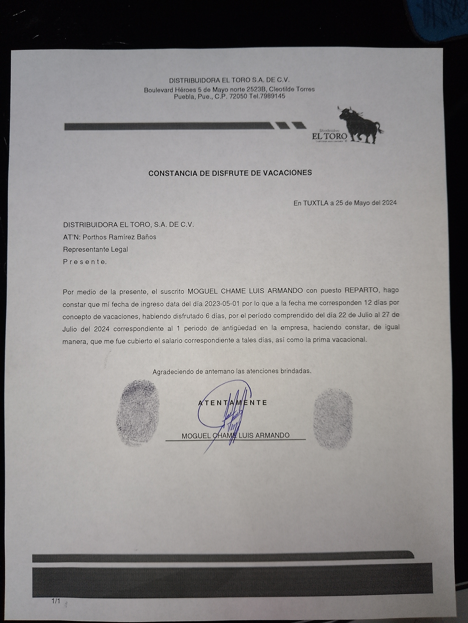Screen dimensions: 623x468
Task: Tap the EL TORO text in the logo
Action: (330, 136)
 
